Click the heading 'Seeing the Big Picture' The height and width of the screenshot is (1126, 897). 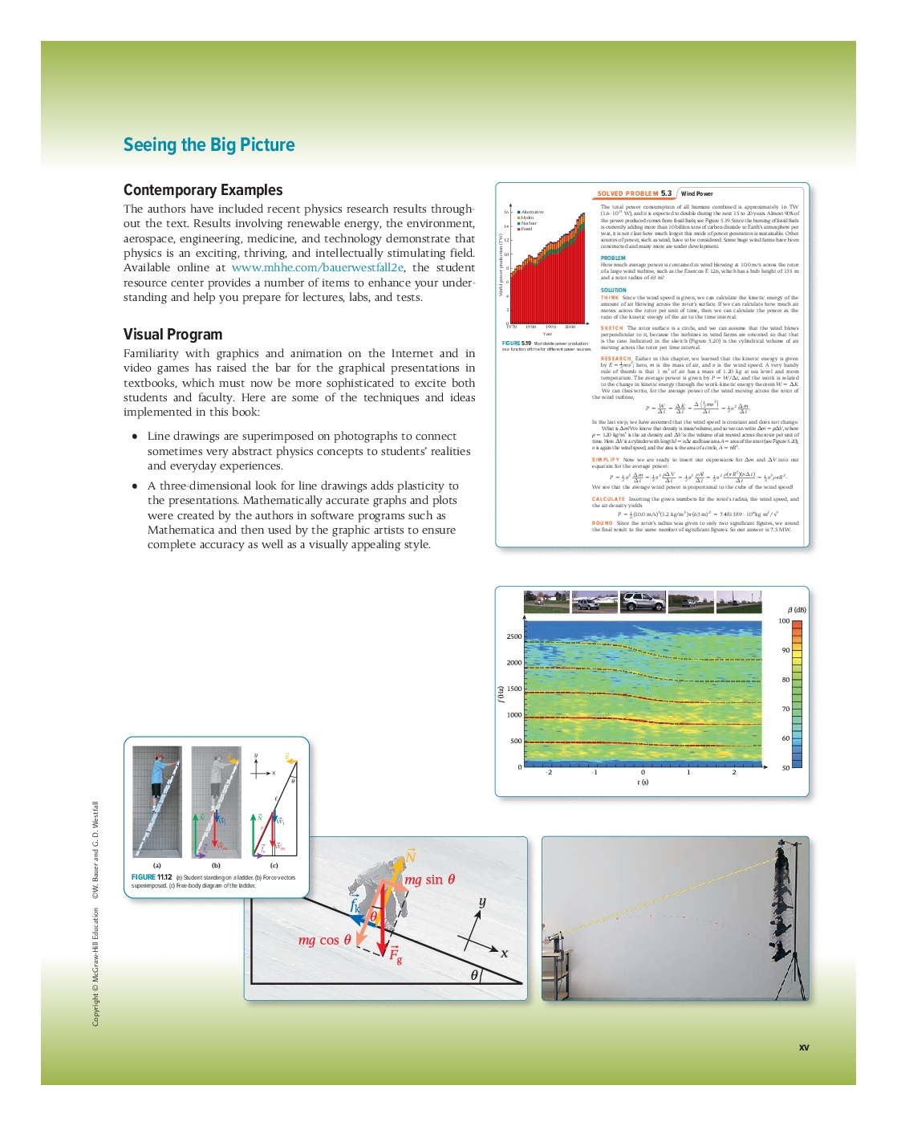[209, 145]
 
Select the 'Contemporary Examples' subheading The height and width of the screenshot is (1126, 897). [203, 190]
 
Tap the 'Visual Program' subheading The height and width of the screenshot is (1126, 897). [172, 335]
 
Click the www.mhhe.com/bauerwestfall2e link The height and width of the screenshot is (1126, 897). [318, 268]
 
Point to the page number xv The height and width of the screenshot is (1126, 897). [804, 1047]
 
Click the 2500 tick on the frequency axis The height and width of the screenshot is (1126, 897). [513, 636]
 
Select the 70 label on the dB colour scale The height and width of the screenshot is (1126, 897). [785, 709]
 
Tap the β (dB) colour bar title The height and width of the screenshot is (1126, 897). [797, 610]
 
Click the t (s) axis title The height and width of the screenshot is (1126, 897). [643, 782]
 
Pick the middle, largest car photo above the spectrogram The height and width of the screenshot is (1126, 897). [643, 602]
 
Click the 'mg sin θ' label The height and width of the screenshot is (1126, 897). [429, 880]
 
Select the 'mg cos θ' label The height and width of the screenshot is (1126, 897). [324, 940]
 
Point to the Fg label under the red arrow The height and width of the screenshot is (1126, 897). [396, 954]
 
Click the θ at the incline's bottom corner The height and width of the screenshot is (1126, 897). [475, 975]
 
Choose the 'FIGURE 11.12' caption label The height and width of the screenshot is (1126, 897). [152, 877]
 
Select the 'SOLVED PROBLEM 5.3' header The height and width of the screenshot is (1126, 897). [634, 193]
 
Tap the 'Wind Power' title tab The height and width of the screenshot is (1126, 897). [696, 193]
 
